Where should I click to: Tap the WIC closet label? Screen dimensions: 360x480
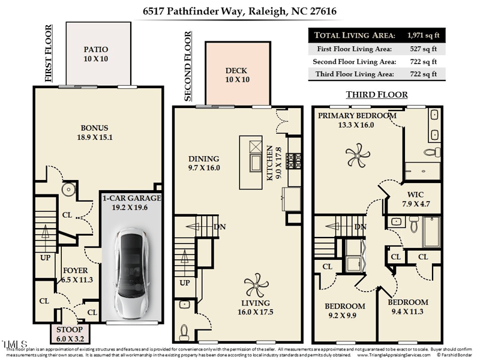[x=415, y=194]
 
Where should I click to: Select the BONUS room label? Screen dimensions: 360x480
[x=95, y=128]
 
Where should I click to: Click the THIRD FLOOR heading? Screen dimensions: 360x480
[x=377, y=95]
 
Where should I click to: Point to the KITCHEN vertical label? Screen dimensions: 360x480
[x=271, y=163]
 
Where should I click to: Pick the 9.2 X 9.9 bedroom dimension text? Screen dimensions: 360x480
[x=344, y=314]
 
